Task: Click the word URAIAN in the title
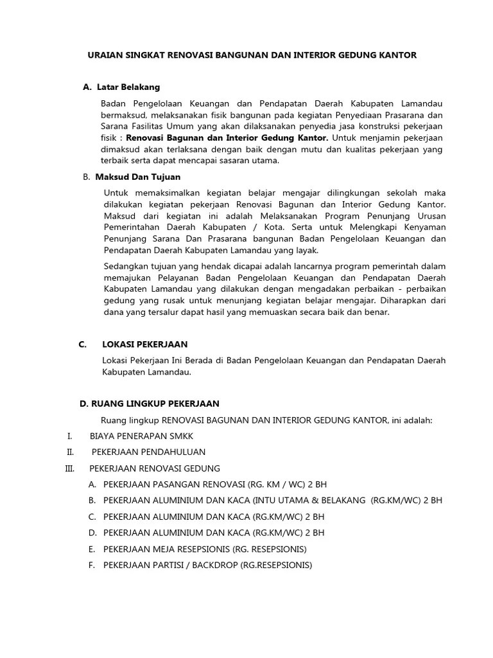coord(105,55)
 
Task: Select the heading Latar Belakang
coord(128,87)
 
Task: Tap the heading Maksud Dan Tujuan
coord(137,177)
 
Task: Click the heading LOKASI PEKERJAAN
coord(144,344)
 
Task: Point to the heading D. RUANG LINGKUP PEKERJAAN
coord(149,404)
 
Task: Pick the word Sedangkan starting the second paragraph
coord(125,266)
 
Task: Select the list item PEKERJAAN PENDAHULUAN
coord(148,452)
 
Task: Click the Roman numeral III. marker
coord(70,468)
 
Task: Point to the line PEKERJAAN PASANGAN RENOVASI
coord(210,485)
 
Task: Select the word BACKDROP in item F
coord(214,565)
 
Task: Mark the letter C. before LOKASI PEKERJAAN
coord(82,344)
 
